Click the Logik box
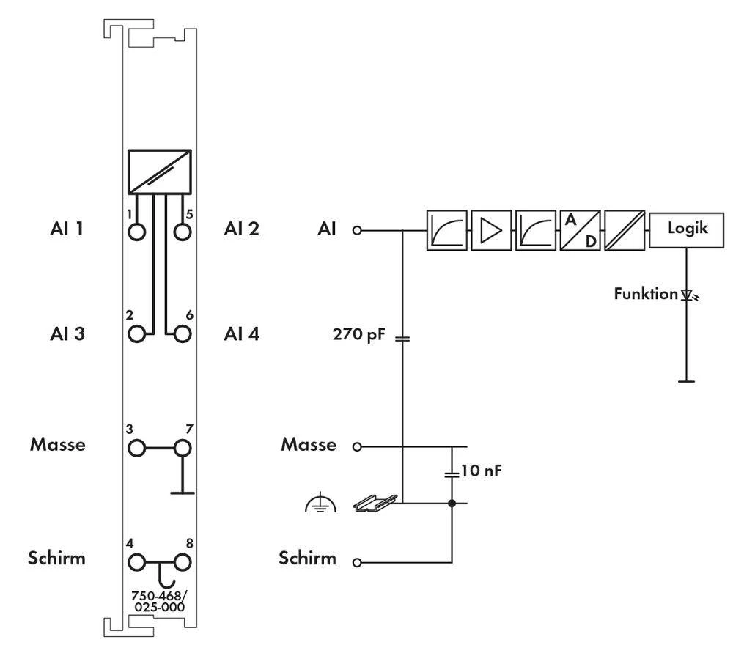687,229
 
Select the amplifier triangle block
490,230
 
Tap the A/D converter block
580,230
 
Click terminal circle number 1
136,232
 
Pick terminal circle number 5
183,232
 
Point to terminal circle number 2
136,334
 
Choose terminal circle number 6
183,334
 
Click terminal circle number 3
136,446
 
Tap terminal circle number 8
183,562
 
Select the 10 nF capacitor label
481,470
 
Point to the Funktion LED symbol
688,295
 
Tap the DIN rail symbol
375,503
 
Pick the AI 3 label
67,334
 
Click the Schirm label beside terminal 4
57,558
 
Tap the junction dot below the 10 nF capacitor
452,504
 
